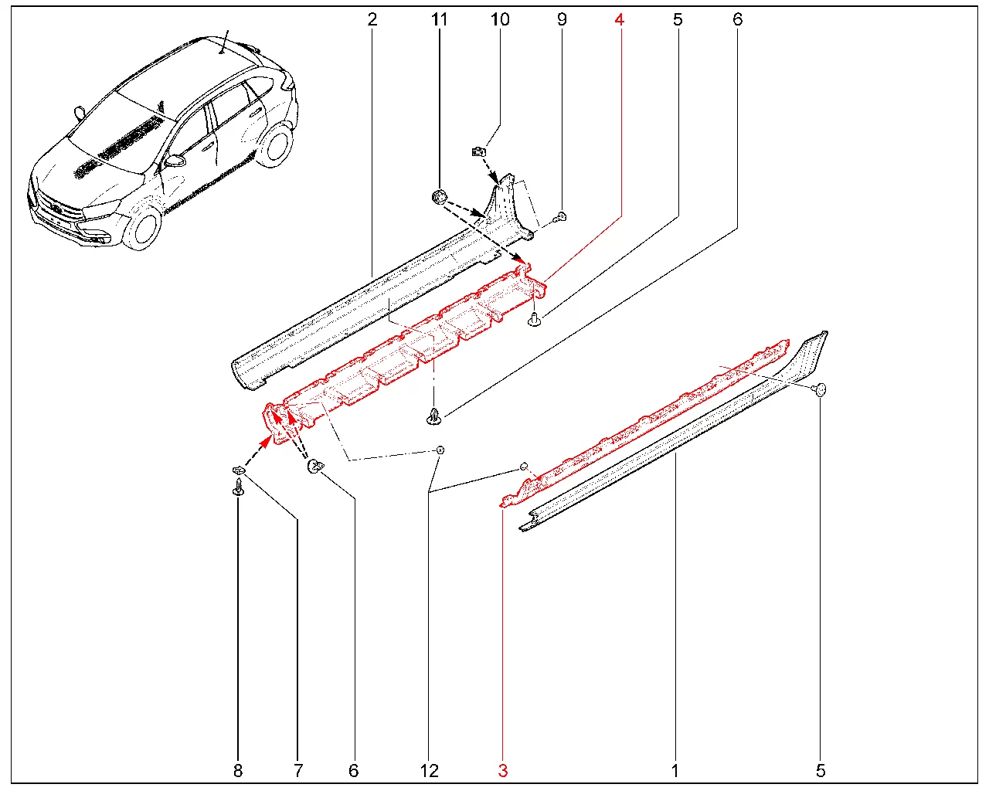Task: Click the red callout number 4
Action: pyautogui.click(x=619, y=20)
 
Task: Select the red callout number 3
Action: pyautogui.click(x=503, y=771)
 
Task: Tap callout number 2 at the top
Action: pyautogui.click(x=372, y=20)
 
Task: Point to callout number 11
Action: pyautogui.click(x=440, y=20)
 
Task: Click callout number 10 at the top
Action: pyautogui.click(x=500, y=20)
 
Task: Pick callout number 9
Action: pyautogui.click(x=562, y=20)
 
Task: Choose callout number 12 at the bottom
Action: pyautogui.click(x=430, y=771)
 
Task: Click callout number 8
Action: pyautogui.click(x=238, y=771)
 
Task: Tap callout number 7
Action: pyautogui.click(x=297, y=771)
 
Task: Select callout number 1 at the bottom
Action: pyautogui.click(x=675, y=771)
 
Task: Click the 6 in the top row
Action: pyautogui.click(x=737, y=20)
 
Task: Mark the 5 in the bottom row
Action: pyautogui.click(x=821, y=771)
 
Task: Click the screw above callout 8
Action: pyautogui.click(x=238, y=487)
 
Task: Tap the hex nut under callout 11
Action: pyautogui.click(x=440, y=198)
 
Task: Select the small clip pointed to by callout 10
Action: pyautogui.click(x=480, y=151)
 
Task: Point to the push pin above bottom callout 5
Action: pyautogui.click(x=820, y=389)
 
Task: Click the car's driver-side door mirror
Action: pyautogui.click(x=176, y=161)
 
